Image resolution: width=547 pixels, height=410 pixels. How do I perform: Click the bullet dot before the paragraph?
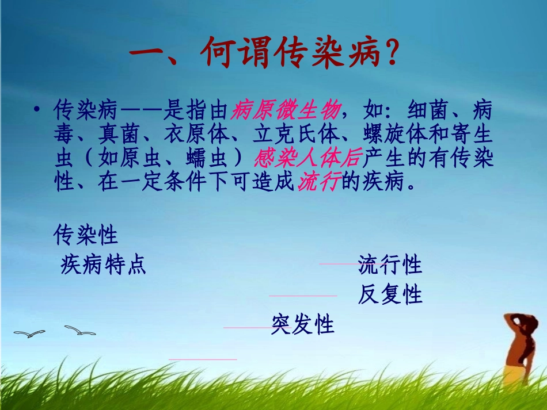point(36,109)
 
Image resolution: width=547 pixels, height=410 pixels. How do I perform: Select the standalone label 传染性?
point(86,235)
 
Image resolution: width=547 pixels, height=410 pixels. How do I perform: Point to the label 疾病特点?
point(103,265)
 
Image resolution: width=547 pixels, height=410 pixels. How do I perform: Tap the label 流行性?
point(390,265)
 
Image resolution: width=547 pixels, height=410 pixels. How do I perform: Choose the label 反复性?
point(390,295)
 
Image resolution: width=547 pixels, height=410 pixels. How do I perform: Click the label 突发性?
point(303,325)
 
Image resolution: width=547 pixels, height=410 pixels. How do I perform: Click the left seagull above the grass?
point(29,333)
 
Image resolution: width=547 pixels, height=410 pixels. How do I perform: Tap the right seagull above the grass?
point(80,330)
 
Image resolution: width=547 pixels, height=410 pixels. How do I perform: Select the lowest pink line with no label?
point(203,359)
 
